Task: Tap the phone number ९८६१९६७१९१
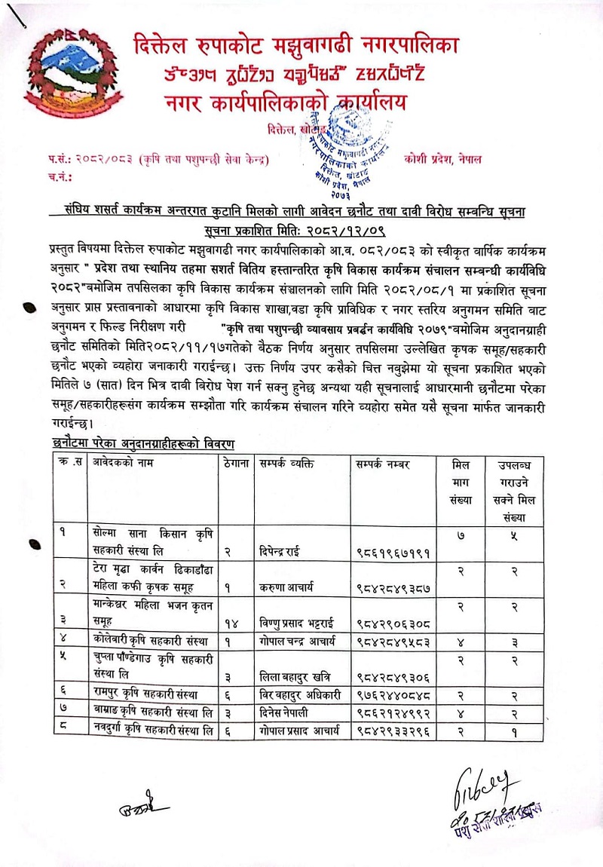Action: click(x=393, y=553)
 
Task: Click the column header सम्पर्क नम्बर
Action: click(x=382, y=464)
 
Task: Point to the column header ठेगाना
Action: click(x=237, y=464)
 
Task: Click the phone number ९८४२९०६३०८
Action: click(x=393, y=623)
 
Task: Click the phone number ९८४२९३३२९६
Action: click(x=393, y=708)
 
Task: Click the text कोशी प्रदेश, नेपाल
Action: click(x=442, y=159)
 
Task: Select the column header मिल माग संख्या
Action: click(x=460, y=482)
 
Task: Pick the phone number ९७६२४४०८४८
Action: click(x=393, y=673)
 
